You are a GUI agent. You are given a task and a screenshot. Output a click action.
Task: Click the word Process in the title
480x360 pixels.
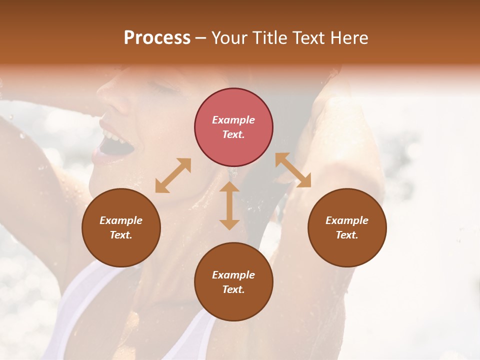157,38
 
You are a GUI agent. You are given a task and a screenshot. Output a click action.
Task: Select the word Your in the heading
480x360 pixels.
229,38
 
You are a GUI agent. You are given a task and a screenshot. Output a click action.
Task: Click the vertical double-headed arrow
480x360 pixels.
229,205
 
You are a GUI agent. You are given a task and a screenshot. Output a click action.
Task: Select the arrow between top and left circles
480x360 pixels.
173,175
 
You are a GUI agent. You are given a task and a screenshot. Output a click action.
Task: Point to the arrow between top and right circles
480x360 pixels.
293,170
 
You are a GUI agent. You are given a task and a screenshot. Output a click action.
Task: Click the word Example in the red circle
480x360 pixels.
233,120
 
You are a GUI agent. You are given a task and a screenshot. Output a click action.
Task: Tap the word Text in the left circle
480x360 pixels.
121,235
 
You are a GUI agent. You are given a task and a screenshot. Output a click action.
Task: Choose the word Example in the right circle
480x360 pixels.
347,220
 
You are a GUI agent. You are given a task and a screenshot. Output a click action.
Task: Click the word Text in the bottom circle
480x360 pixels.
233,289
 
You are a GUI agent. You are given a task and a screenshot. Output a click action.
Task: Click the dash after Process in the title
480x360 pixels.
201,38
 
